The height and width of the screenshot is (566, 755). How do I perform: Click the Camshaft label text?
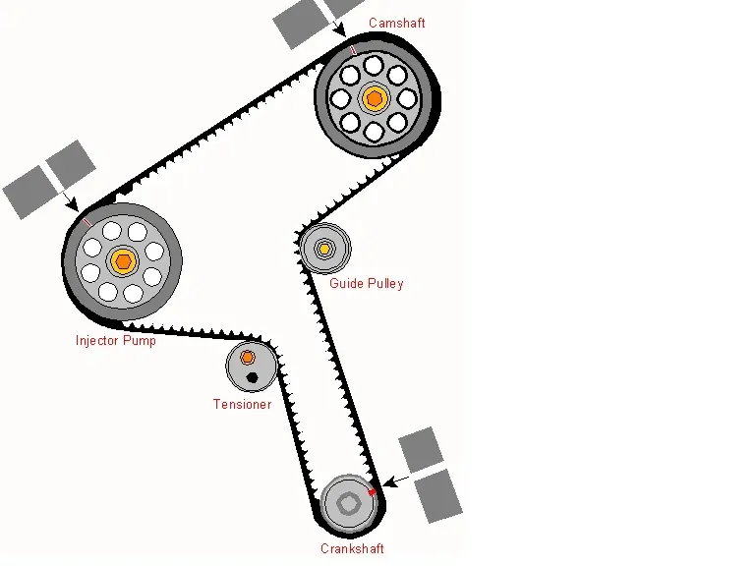point(398,22)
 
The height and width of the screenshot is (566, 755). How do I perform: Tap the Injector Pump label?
point(115,341)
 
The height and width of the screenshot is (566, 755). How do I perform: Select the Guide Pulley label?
point(366,284)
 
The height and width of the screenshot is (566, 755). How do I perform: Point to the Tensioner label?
point(242,404)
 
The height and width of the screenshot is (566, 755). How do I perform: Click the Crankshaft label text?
point(352,548)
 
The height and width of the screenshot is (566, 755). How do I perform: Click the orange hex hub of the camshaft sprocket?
point(374,97)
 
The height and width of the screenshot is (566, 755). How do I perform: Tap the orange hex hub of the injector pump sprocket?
point(122,260)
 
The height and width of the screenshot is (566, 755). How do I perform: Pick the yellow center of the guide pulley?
point(324,249)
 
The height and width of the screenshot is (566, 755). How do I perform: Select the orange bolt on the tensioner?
point(248,357)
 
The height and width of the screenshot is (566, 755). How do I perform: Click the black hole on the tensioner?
point(252,377)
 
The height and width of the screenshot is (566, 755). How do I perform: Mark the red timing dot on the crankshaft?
point(373,489)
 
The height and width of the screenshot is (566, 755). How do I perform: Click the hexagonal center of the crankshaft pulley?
point(349,502)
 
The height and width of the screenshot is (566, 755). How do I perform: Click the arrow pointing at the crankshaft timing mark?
point(393,481)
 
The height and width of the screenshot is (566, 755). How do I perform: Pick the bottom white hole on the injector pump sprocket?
point(133,293)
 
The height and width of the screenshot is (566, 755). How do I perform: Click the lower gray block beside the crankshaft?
point(438,494)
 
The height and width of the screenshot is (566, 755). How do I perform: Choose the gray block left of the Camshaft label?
point(298,25)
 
